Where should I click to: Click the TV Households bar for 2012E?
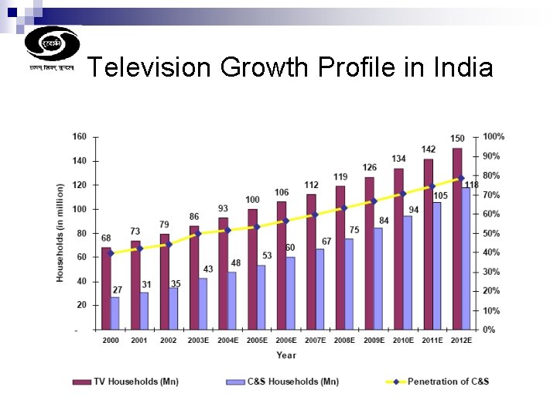point(457,238)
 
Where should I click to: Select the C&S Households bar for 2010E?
point(407,272)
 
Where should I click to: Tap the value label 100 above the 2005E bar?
point(252,200)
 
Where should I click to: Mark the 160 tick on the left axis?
point(79,137)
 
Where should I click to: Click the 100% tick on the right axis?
point(494,137)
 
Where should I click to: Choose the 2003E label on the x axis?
point(199,341)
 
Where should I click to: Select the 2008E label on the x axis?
point(345,341)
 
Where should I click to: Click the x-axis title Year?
point(285,355)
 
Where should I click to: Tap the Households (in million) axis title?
point(60,232)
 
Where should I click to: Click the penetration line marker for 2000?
point(111,253)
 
